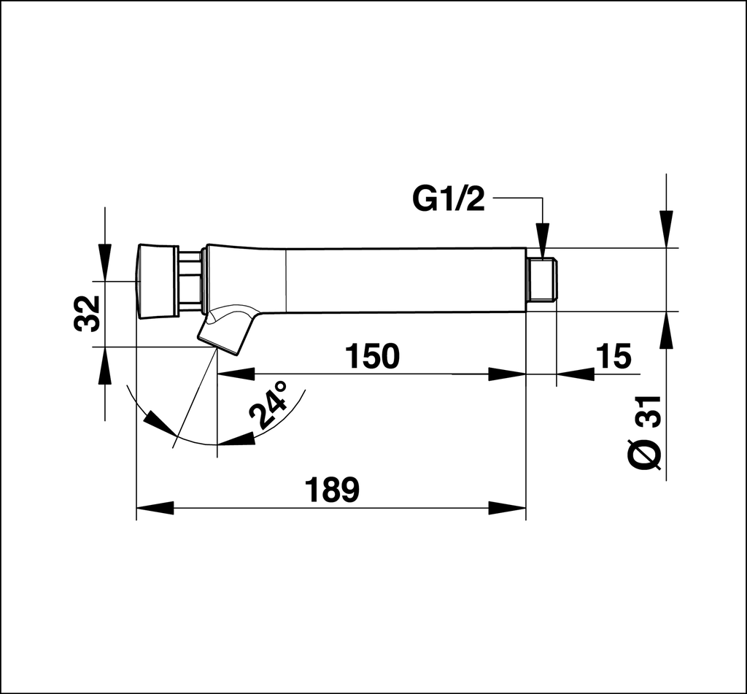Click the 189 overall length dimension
point(332,490)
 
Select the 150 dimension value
point(372,356)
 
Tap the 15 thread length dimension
point(613,356)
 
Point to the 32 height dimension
point(88,313)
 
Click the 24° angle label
point(269,404)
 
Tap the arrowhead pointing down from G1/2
point(542,240)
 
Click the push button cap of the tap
point(157,281)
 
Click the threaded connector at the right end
point(541,280)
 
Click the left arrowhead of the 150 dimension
point(236,374)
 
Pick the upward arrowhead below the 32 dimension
point(105,365)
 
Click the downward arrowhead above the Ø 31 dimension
point(666,228)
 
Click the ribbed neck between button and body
point(190,281)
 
